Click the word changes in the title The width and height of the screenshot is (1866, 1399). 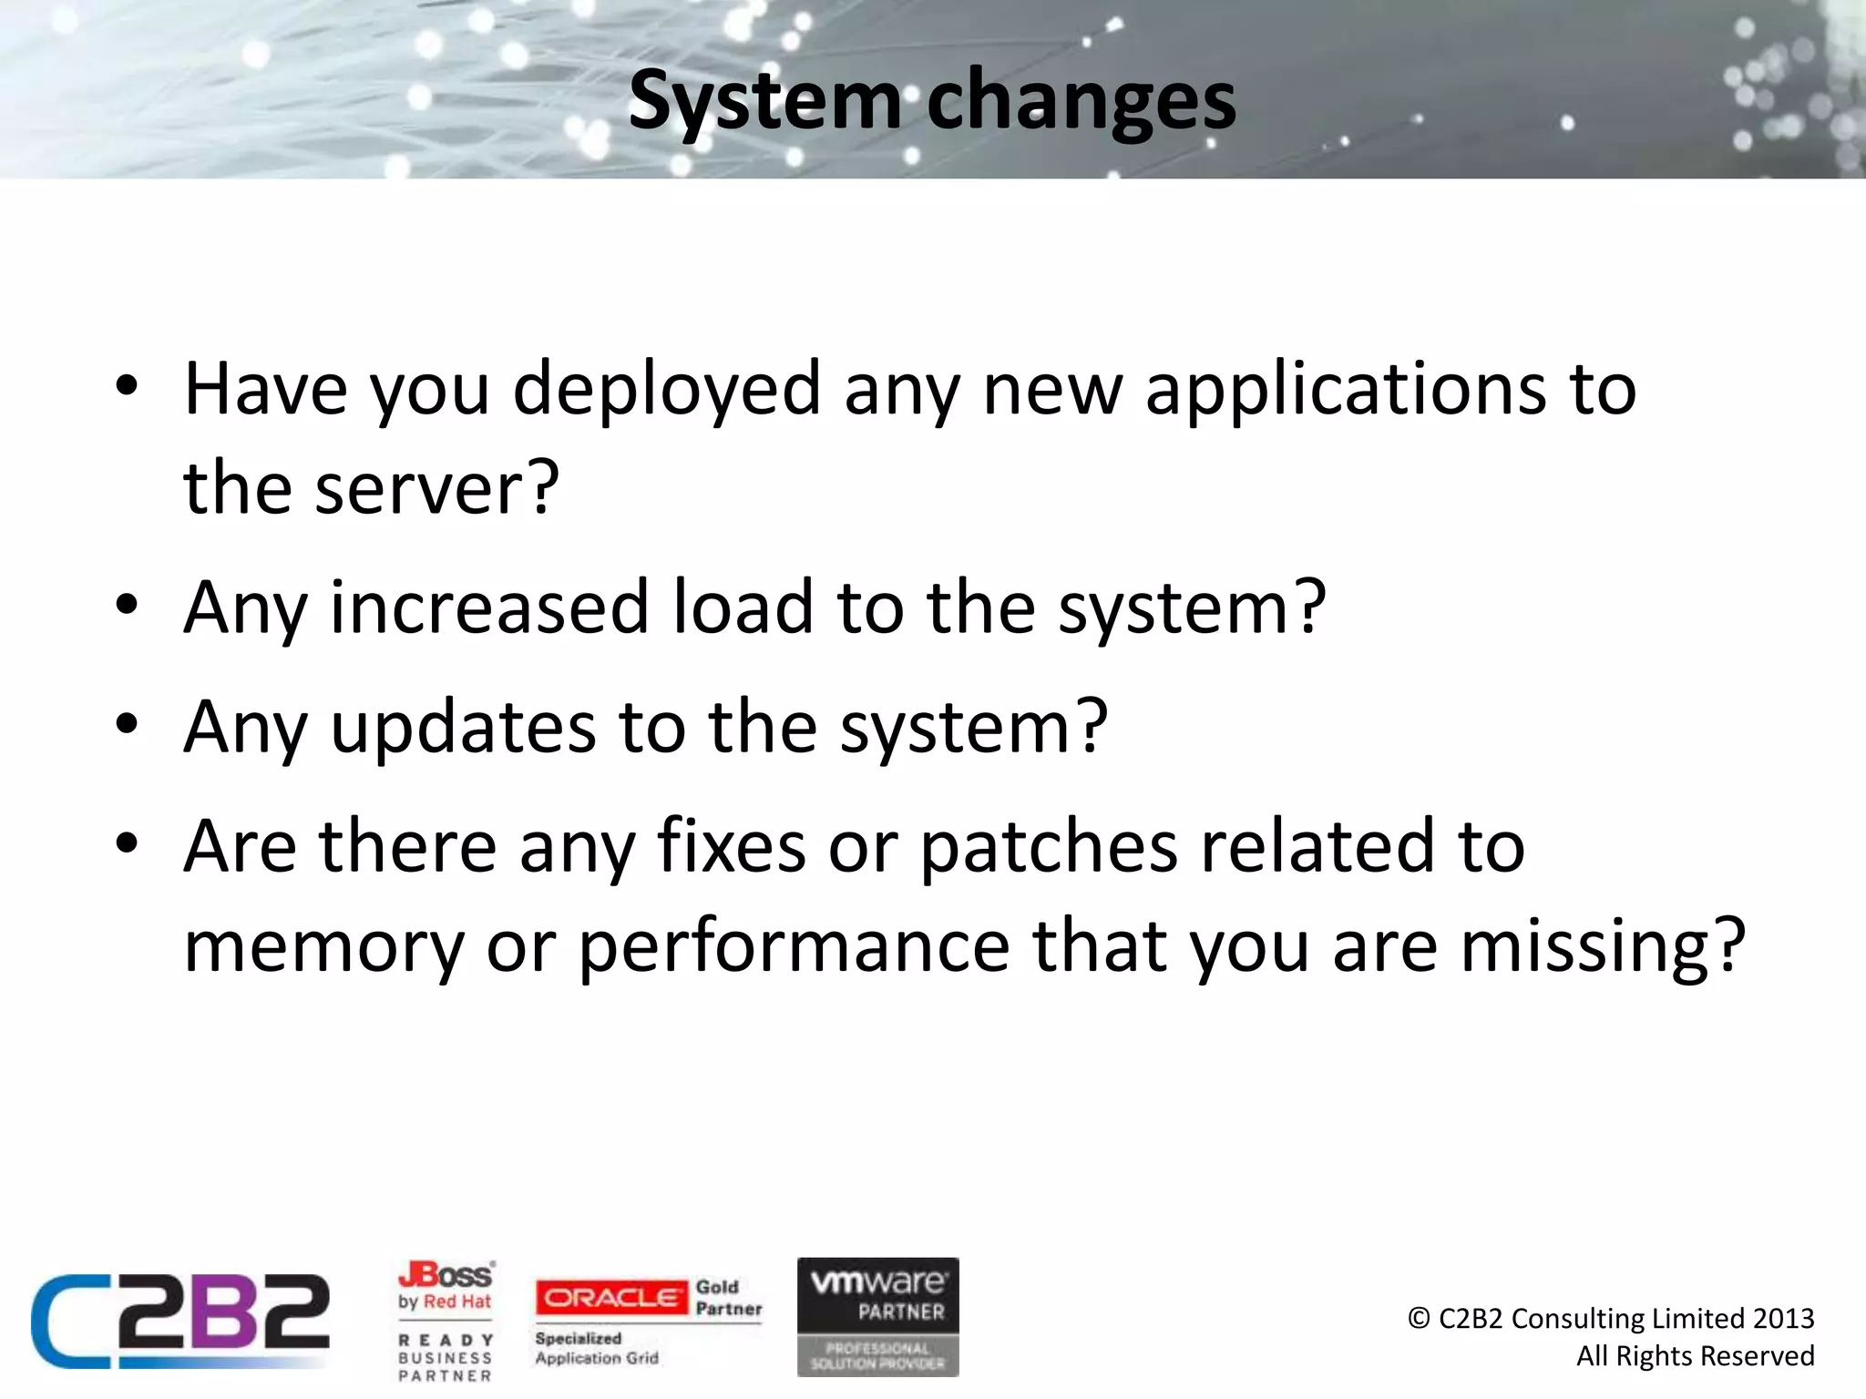click(1081, 102)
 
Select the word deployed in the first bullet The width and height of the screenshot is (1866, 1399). click(667, 390)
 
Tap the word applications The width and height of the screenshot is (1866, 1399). click(1345, 390)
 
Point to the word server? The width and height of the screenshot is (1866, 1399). click(436, 488)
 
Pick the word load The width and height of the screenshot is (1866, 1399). click(743, 608)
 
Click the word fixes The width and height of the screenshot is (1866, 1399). click(731, 846)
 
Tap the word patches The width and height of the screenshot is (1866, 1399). click(1048, 846)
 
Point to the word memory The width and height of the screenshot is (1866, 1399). click(323, 947)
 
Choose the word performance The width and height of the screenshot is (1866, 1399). click(794, 947)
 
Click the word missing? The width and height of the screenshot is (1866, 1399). click(1603, 947)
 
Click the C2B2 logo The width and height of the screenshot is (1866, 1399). click(180, 1321)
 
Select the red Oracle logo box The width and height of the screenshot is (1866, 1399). click(611, 1297)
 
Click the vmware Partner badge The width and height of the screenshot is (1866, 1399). click(877, 1316)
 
